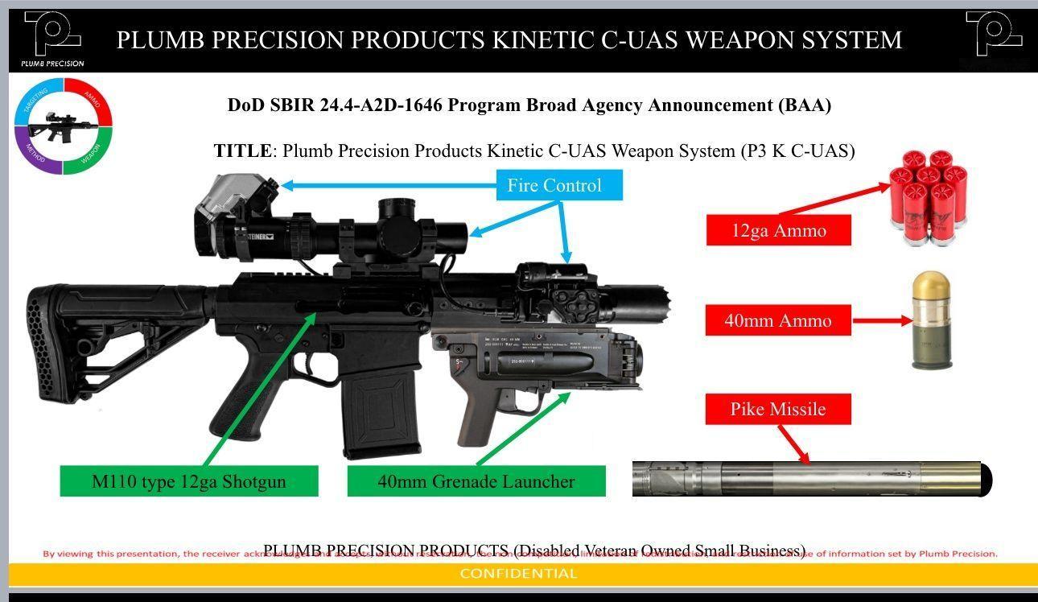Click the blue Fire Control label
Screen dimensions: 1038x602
[x=554, y=186]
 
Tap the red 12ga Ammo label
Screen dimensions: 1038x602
[x=778, y=231]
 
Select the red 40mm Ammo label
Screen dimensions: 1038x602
[x=777, y=320]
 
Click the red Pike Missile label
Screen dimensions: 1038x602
[x=777, y=409]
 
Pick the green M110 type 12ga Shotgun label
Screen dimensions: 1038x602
[x=189, y=481]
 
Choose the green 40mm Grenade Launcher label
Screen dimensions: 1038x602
[x=476, y=481]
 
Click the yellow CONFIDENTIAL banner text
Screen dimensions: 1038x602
[x=518, y=574]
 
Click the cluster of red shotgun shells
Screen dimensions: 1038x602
[x=929, y=196]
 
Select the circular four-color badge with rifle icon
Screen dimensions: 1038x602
[x=63, y=126]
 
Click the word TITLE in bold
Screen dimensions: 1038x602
[x=242, y=150]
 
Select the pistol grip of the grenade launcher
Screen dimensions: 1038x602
[x=476, y=414]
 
